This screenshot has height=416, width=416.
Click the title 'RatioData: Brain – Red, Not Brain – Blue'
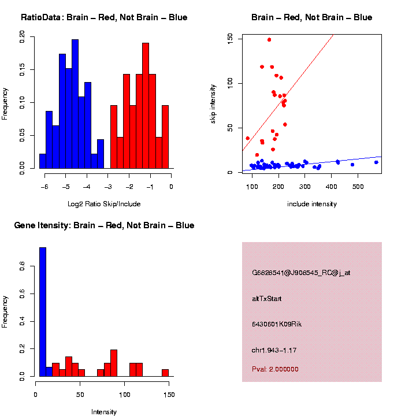click(x=104, y=17)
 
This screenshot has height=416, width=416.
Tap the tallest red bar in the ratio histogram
click(x=146, y=106)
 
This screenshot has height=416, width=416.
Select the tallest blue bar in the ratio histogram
click(x=75, y=104)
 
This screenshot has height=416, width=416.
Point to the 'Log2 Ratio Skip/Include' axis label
click(x=104, y=204)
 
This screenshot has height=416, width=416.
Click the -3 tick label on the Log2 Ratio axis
click(x=108, y=187)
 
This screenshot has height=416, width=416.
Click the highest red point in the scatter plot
click(x=269, y=40)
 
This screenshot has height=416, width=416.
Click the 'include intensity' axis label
click(x=312, y=204)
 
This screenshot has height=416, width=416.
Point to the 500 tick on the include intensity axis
click(x=358, y=187)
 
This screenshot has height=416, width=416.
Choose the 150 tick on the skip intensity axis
click(x=229, y=38)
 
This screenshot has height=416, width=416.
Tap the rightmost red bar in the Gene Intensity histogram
click(x=165, y=373)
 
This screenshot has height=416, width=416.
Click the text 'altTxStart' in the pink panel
click(x=267, y=299)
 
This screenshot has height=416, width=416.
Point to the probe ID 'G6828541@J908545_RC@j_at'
click(x=301, y=273)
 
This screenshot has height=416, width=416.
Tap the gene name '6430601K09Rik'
click(x=277, y=324)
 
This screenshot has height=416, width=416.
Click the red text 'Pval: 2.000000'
click(x=276, y=369)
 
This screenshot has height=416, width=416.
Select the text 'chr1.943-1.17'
click(x=274, y=350)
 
